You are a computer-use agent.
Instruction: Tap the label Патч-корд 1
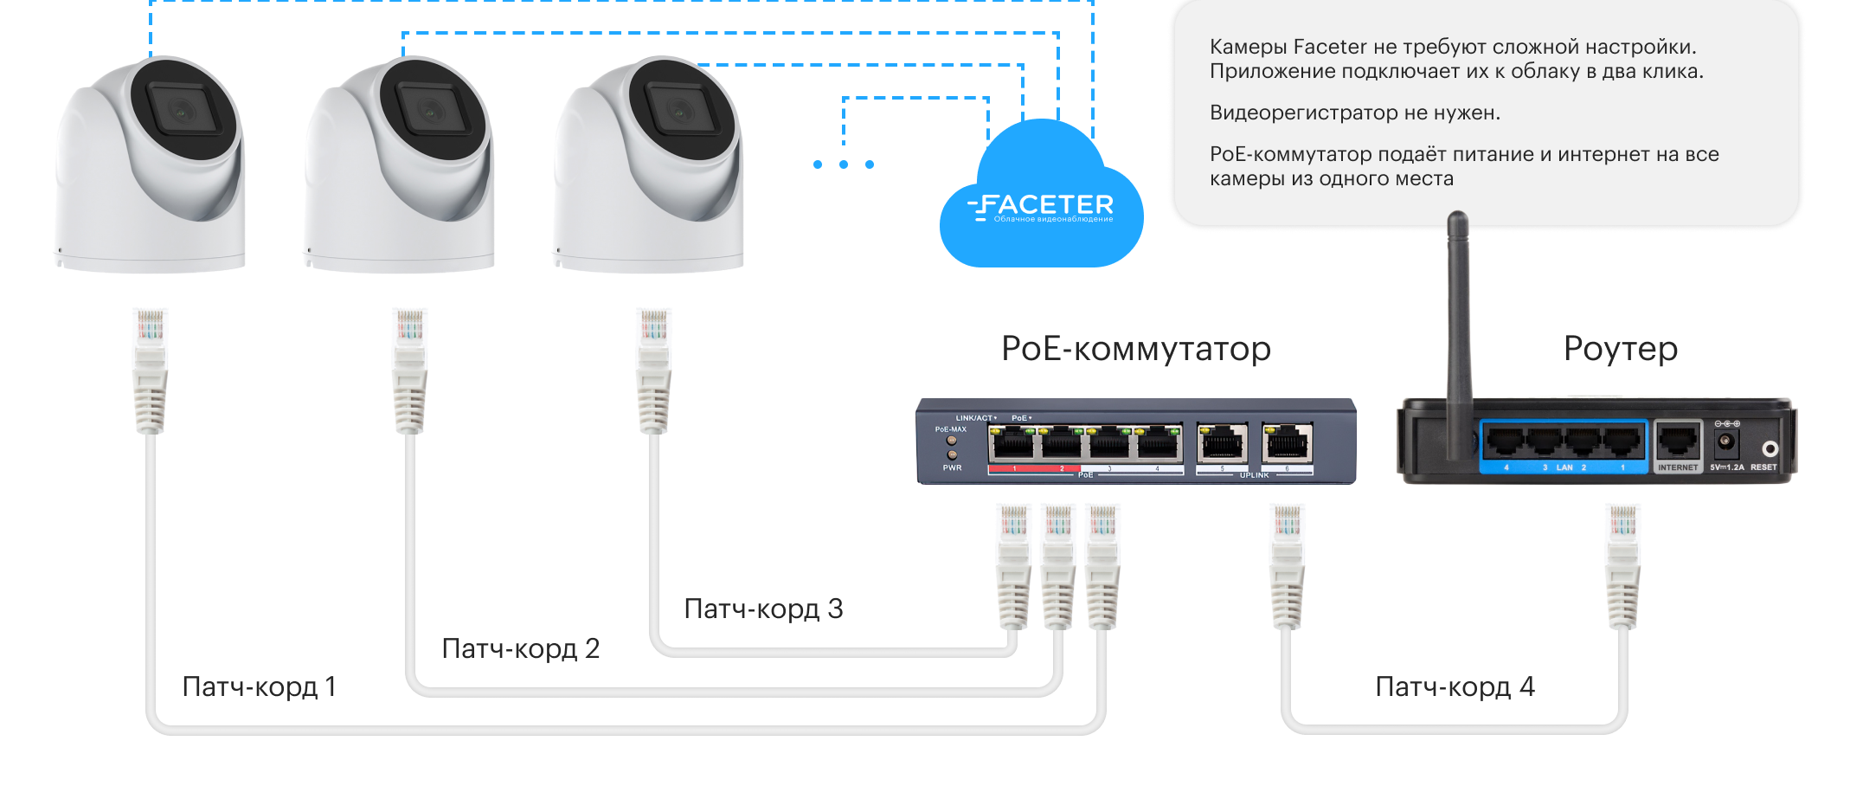(x=259, y=686)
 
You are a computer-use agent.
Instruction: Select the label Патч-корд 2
(x=520, y=648)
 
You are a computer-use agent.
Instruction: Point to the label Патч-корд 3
(x=762, y=609)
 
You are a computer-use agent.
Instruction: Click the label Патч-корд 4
(x=1455, y=686)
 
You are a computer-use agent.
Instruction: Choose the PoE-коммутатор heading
(x=1135, y=348)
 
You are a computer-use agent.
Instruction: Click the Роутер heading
(x=1620, y=348)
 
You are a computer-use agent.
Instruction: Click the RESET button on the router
(x=1770, y=448)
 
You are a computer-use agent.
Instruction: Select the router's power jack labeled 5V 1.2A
(x=1725, y=443)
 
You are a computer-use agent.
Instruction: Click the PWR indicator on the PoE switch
(x=953, y=454)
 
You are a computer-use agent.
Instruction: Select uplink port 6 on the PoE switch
(x=1287, y=445)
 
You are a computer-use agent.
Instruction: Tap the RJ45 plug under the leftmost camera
(x=150, y=368)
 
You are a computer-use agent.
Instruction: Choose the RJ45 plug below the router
(x=1622, y=563)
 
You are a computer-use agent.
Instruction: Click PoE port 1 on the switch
(x=1012, y=445)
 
